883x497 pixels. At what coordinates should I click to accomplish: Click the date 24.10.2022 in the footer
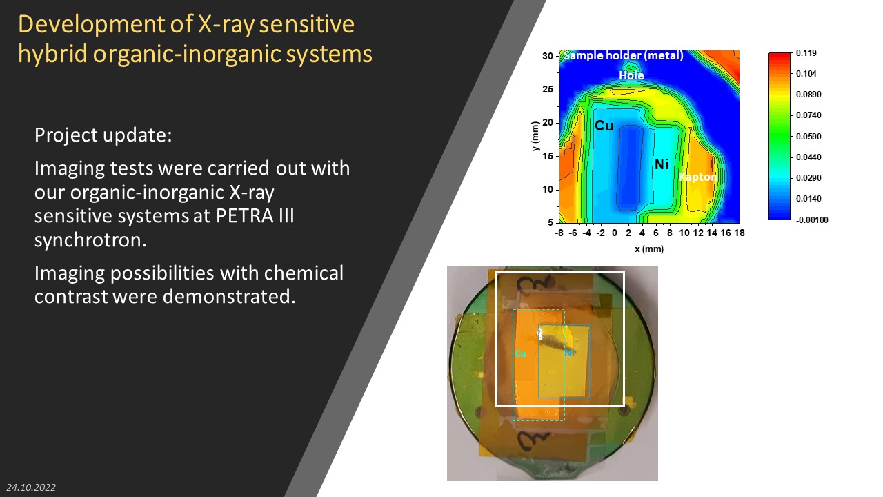(31, 487)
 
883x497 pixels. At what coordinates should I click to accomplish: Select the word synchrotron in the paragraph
(90, 240)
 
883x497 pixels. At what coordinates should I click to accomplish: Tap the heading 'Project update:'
(103, 135)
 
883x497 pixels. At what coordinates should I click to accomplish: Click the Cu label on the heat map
(604, 126)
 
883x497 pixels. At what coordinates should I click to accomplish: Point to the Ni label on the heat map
(662, 164)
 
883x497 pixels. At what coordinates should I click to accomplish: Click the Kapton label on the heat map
(697, 177)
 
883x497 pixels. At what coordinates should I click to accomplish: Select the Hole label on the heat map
(631, 75)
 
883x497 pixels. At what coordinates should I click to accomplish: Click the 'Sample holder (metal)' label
(624, 56)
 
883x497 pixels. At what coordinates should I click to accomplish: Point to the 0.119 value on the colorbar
(806, 53)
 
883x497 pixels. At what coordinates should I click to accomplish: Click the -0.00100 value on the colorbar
(812, 220)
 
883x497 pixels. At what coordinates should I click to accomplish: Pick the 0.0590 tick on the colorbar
(808, 137)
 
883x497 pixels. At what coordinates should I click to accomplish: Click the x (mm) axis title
(649, 249)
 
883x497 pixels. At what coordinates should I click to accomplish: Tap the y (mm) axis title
(535, 136)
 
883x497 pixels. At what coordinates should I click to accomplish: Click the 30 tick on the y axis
(548, 56)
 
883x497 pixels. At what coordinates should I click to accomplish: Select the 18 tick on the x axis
(740, 233)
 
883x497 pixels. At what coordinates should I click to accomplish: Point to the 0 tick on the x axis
(614, 233)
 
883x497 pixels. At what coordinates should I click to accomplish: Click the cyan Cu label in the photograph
(520, 353)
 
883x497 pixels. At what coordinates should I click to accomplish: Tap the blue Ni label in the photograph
(569, 353)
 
